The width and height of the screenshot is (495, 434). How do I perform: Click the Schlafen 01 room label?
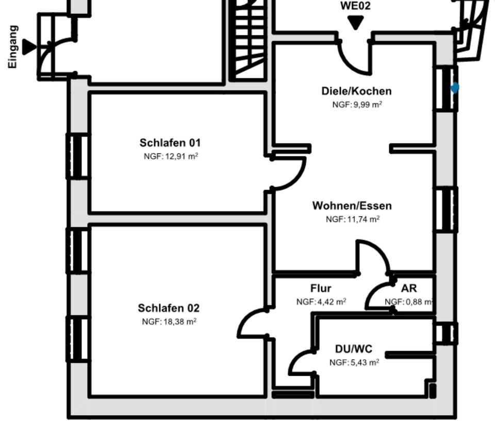170,143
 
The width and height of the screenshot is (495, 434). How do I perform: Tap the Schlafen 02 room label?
168,308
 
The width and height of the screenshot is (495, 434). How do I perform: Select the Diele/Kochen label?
356,91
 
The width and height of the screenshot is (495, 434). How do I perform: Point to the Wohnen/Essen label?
352,206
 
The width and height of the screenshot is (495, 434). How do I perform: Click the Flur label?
321,288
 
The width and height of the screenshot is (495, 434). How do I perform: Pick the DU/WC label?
354,349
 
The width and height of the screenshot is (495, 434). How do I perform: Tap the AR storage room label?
409,288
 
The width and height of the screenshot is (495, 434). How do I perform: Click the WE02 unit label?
355,6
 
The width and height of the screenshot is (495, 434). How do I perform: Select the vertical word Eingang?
13,47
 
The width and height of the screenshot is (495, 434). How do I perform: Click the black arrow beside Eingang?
29,47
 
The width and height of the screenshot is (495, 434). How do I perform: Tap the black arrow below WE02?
355,22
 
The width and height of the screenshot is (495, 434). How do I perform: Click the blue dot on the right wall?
455,88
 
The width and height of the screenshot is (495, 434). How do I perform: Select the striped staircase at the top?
250,40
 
